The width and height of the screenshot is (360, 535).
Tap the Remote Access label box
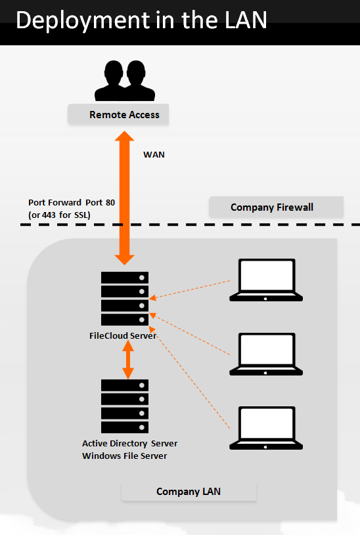pyautogui.click(x=119, y=115)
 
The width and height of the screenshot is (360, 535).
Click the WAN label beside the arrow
pyautogui.click(x=154, y=155)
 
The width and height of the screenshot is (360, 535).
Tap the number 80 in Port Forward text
pyautogui.click(x=109, y=203)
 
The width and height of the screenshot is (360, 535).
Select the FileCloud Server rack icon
pyautogui.click(x=125, y=298)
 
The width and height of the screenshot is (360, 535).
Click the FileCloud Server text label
pyautogui.click(x=122, y=335)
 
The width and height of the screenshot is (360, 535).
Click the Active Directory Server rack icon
pyautogui.click(x=125, y=406)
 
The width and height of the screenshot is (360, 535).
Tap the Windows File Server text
pyautogui.click(x=124, y=456)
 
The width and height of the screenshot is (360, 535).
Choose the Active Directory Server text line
pyautogui.click(x=129, y=443)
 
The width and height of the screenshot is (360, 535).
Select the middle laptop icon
pyautogui.click(x=266, y=354)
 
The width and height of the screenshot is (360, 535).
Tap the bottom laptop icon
pyautogui.click(x=266, y=429)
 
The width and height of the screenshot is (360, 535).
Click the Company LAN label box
pyautogui.click(x=189, y=492)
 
